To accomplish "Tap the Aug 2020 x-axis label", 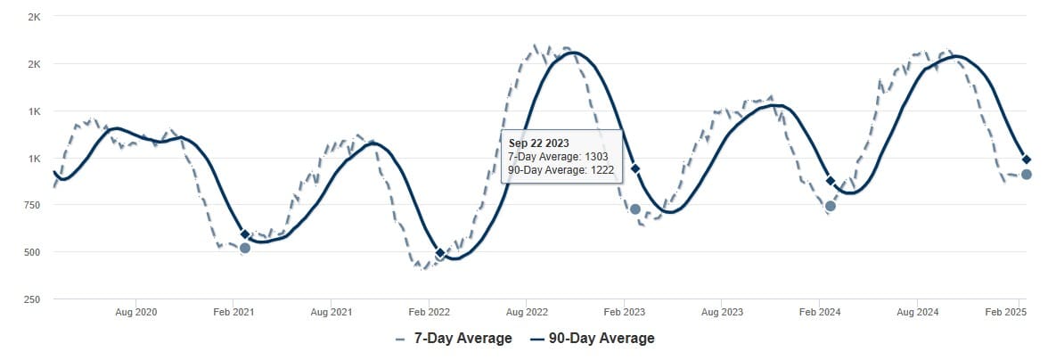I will tap(136, 313).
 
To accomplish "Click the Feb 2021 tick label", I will tap(233, 313).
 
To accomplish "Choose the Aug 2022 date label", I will tap(527, 313).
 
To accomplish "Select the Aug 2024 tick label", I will tap(917, 313).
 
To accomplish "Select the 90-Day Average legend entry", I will tap(592, 339).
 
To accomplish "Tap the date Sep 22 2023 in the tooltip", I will tap(538, 143).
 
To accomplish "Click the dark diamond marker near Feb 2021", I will tap(245, 234).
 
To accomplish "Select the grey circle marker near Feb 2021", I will tap(245, 248).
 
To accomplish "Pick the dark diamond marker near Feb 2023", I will tap(635, 168).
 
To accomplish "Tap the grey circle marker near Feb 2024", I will tap(831, 206).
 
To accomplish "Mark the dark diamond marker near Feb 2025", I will tap(1027, 160).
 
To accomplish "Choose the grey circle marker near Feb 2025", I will tap(1027, 174).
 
